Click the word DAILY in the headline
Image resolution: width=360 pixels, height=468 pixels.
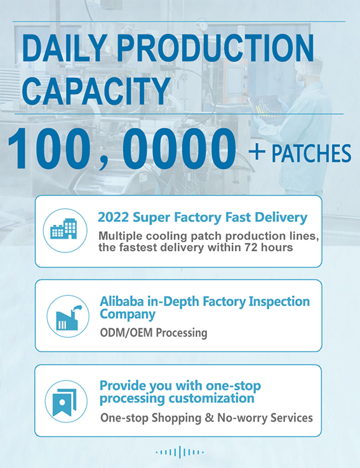click(x=63, y=48)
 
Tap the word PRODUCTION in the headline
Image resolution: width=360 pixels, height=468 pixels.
click(x=215, y=48)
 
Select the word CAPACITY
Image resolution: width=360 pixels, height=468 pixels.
click(x=97, y=91)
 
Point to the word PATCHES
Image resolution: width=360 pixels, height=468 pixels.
click(x=311, y=154)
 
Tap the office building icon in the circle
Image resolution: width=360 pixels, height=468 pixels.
click(x=64, y=229)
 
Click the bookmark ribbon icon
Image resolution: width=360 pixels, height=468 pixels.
click(x=64, y=403)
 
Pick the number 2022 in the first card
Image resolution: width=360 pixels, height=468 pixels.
click(x=114, y=217)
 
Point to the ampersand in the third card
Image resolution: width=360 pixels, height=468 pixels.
click(x=210, y=418)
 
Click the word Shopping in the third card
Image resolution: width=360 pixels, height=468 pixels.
click(x=176, y=418)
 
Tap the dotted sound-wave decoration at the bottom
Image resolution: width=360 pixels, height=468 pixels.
click(x=180, y=452)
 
